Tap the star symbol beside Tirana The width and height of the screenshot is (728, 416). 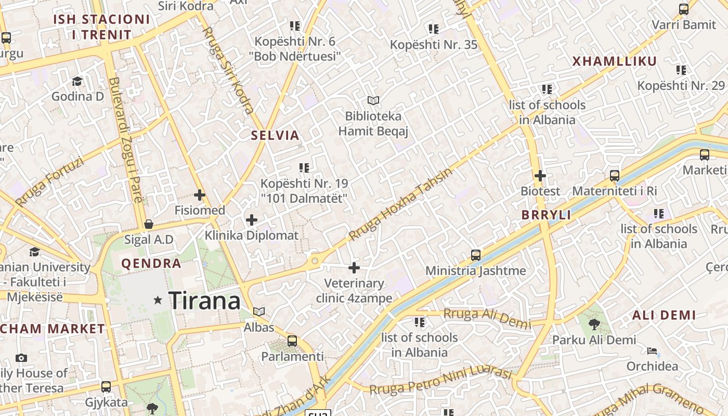click(158, 300)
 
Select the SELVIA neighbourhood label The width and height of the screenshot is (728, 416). click(275, 136)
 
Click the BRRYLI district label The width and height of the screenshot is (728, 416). click(546, 215)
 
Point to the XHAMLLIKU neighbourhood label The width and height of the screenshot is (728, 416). click(615, 61)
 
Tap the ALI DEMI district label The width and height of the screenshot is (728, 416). click(664, 315)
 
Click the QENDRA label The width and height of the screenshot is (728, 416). click(151, 264)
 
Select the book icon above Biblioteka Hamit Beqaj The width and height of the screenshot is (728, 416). click(373, 100)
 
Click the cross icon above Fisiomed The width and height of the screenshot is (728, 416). click(200, 195)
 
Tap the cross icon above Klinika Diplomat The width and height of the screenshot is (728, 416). click(252, 220)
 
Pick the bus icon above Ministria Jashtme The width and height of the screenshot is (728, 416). click(475, 255)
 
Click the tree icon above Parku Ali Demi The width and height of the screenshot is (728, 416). click(594, 324)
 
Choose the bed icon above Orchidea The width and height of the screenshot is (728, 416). click(652, 351)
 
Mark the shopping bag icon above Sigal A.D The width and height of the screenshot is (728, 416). click(149, 224)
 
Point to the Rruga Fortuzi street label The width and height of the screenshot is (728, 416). click(49, 181)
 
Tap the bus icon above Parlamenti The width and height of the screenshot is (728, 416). click(292, 341)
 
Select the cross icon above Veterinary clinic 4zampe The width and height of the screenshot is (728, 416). click(354, 268)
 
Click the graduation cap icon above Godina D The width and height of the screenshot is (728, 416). click(77, 81)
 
